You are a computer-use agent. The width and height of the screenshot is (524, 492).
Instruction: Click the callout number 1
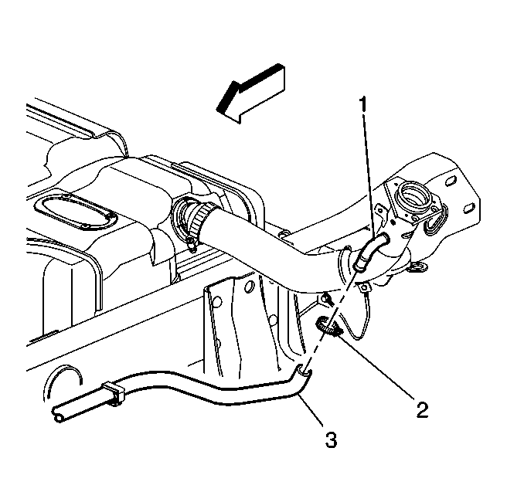(x=363, y=104)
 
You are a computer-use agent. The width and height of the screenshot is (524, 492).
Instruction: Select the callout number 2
(x=422, y=409)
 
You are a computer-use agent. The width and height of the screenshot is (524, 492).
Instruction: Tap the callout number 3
(x=331, y=439)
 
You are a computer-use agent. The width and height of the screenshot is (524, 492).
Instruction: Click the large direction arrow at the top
(x=250, y=93)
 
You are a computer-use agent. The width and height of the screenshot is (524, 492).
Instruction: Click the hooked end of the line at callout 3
(x=304, y=370)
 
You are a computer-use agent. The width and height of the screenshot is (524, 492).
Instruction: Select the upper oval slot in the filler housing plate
(x=450, y=181)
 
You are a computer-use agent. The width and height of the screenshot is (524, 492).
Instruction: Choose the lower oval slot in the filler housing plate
(x=470, y=207)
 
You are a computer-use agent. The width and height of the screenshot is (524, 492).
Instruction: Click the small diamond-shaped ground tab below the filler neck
(x=363, y=287)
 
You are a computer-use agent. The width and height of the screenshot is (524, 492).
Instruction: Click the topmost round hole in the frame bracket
(x=250, y=287)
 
